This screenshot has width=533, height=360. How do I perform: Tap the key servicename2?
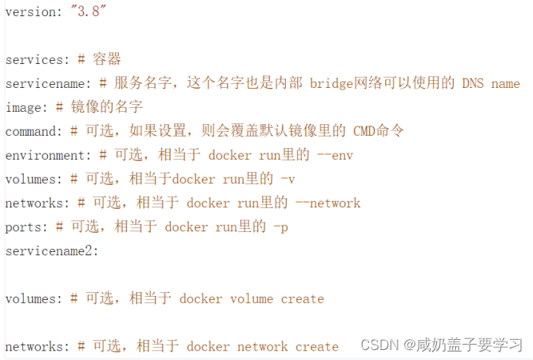[52, 251]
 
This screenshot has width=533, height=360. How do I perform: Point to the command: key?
[33, 131]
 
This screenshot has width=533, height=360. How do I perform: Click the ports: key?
[26, 227]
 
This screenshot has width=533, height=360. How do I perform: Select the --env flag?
[335, 155]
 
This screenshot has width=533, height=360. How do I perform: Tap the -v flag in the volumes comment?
[288, 179]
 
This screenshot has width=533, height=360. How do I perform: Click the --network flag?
[328, 203]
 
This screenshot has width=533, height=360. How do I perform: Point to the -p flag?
[280, 227]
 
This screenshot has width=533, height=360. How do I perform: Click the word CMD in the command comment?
[364, 131]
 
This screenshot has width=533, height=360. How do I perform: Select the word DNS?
[473, 83]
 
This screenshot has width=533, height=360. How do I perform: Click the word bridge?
[332, 83]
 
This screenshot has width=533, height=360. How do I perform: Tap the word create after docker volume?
[303, 298]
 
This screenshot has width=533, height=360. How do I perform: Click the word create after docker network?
[317, 346]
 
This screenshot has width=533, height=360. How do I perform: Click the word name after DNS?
[505, 83]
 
